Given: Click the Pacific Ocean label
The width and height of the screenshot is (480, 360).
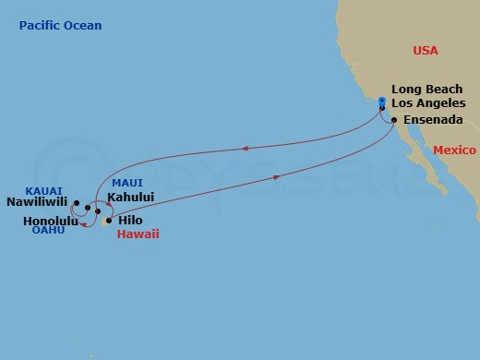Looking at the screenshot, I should (60, 25).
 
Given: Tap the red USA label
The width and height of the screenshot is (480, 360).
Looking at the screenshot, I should (426, 50).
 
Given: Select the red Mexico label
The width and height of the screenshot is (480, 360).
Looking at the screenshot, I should (454, 150).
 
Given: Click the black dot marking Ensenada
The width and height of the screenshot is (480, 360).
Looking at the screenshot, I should (394, 120).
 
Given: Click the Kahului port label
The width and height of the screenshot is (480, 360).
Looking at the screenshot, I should (130, 197).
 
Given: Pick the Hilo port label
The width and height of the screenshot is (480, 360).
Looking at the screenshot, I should (131, 221).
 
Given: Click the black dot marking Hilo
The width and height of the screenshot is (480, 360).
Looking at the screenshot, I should (108, 221).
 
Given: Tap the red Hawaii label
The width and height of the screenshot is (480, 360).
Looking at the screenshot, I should (138, 234).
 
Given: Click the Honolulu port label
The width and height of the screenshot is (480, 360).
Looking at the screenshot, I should (51, 222).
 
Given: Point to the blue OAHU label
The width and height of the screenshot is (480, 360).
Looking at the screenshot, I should (48, 231).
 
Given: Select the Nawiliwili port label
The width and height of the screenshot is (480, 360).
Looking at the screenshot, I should (39, 200).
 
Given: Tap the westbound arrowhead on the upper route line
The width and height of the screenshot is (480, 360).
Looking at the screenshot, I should (245, 147).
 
